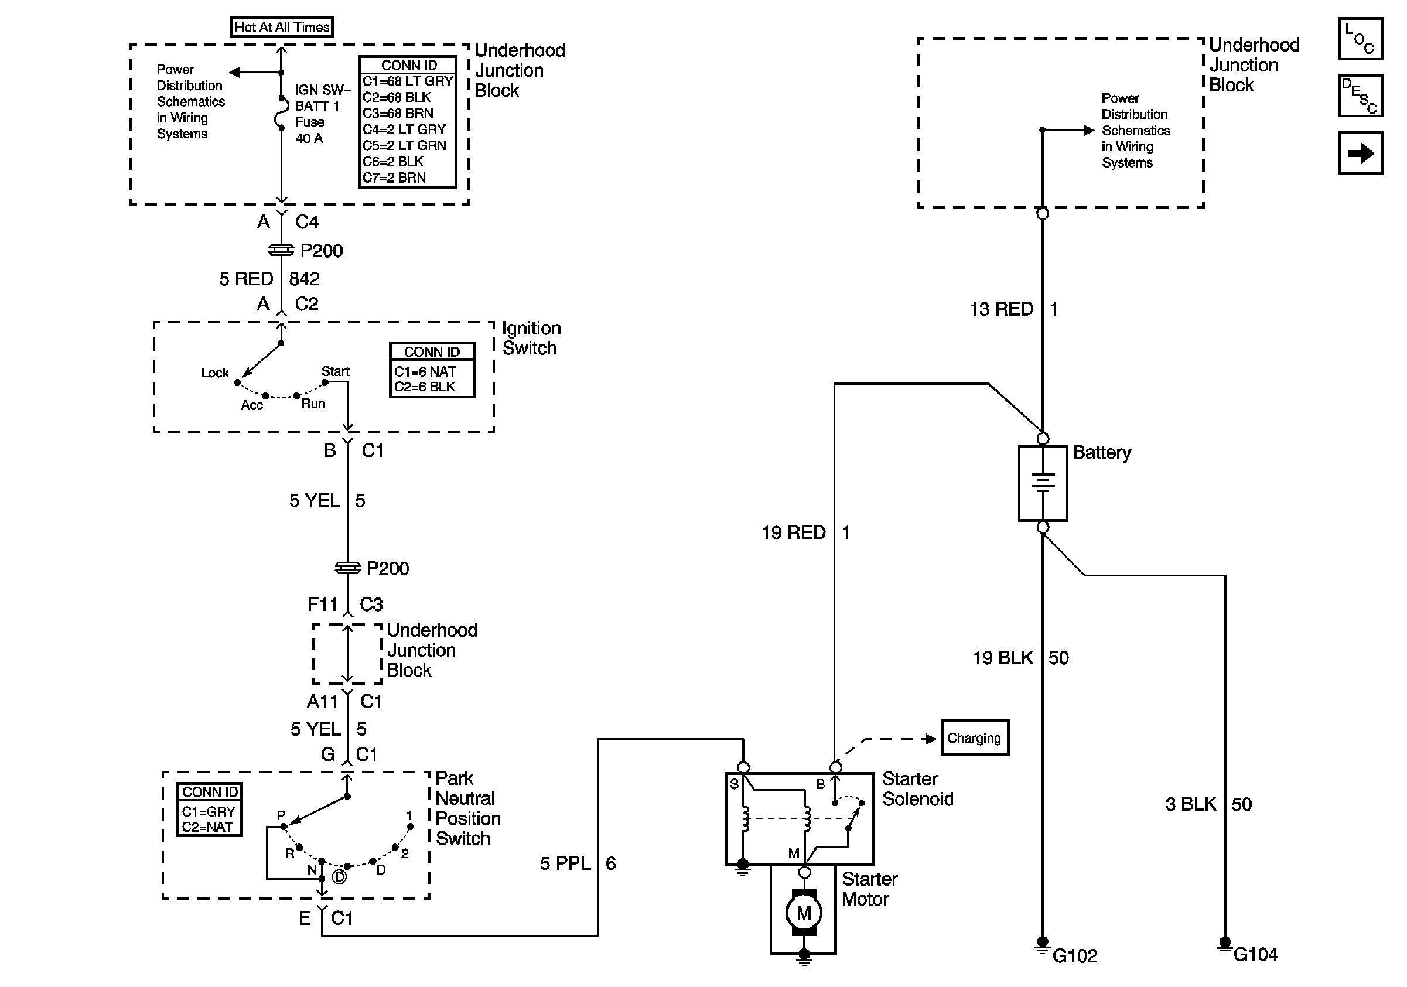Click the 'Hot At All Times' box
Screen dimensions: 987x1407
point(282,27)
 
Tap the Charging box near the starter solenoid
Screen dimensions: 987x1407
point(974,737)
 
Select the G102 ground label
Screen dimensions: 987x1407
point(1075,956)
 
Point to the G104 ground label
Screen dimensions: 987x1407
point(1255,954)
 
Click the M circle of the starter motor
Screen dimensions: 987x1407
point(804,913)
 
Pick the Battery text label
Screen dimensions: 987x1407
point(1102,453)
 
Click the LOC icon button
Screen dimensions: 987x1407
point(1360,39)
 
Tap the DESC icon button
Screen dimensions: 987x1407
point(1360,95)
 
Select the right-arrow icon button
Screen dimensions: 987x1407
point(1360,152)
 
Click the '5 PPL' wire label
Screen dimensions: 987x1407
point(565,863)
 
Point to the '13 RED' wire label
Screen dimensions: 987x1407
point(1001,309)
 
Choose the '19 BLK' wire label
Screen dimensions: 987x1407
point(1003,658)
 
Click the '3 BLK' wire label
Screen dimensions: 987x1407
point(1191,804)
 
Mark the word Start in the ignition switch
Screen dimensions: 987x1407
point(335,371)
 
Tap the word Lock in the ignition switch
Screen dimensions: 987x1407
point(214,373)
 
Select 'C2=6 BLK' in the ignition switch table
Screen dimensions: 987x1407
point(425,387)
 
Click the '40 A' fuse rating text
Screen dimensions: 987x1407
point(309,138)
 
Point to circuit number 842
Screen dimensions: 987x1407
point(305,279)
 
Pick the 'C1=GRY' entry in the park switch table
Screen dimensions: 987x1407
point(209,811)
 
